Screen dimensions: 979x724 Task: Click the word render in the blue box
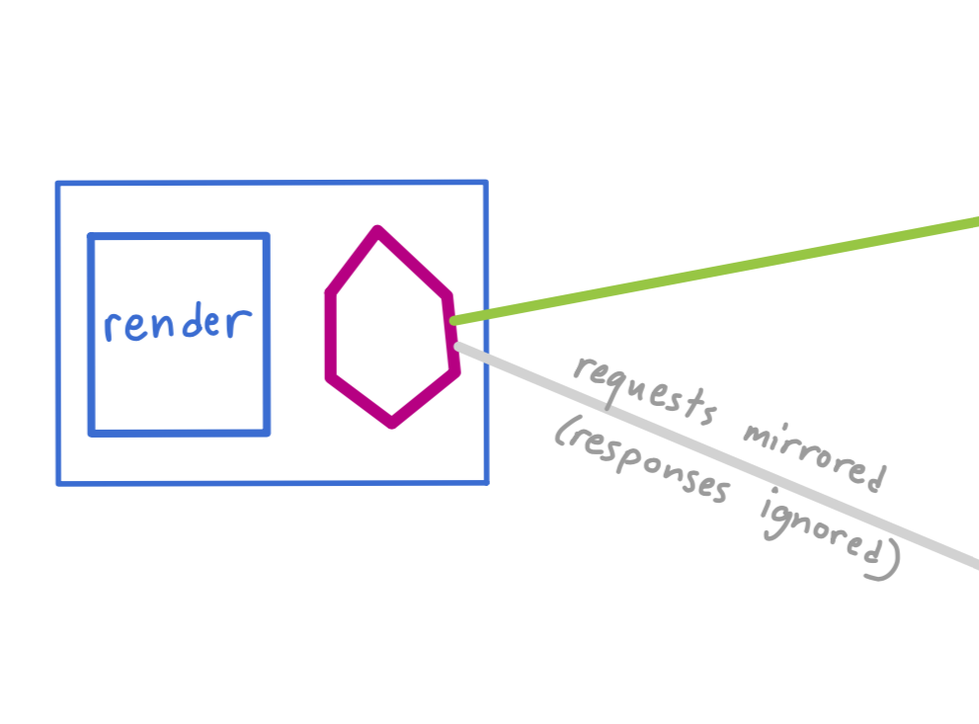(178, 322)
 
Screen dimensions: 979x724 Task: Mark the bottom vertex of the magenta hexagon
(392, 426)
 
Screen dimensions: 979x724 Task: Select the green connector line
(714, 271)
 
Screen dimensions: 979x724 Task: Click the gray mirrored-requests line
(716, 455)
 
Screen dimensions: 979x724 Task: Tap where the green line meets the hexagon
(453, 321)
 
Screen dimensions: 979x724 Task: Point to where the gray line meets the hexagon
(457, 345)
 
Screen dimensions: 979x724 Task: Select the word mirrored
(814, 458)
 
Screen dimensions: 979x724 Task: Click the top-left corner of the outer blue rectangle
(58, 184)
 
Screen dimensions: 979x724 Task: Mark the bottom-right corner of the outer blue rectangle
(486, 482)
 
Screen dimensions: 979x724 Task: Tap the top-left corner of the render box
(91, 236)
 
